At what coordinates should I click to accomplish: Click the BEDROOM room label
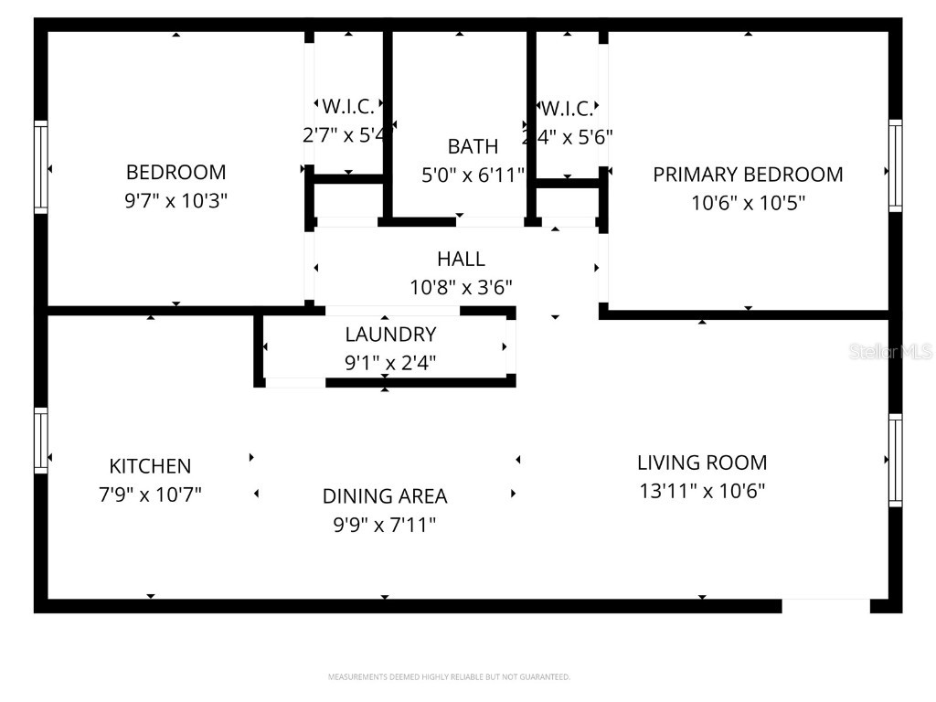pyautogui.click(x=175, y=172)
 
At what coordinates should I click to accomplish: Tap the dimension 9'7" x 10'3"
pyautogui.click(x=175, y=201)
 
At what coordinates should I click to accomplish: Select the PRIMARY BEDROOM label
pyautogui.click(x=748, y=174)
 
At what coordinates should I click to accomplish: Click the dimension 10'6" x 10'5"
pyautogui.click(x=748, y=203)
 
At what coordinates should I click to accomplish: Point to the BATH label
pyautogui.click(x=473, y=146)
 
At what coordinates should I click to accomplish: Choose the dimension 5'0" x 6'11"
pyautogui.click(x=473, y=175)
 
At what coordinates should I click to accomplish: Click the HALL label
pyautogui.click(x=461, y=259)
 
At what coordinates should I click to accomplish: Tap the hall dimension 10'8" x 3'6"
pyautogui.click(x=461, y=288)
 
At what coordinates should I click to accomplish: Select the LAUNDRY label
pyautogui.click(x=390, y=335)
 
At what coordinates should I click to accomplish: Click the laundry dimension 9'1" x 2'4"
pyautogui.click(x=390, y=363)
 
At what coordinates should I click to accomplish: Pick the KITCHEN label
pyautogui.click(x=150, y=466)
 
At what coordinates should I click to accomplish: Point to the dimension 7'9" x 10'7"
pyautogui.click(x=150, y=495)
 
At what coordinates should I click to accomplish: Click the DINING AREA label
pyautogui.click(x=385, y=496)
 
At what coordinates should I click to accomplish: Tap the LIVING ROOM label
pyautogui.click(x=702, y=463)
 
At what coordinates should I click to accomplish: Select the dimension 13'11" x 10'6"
pyautogui.click(x=702, y=491)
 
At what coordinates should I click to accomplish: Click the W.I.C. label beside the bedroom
pyautogui.click(x=347, y=106)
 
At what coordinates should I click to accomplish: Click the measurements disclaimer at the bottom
pyautogui.click(x=449, y=677)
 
